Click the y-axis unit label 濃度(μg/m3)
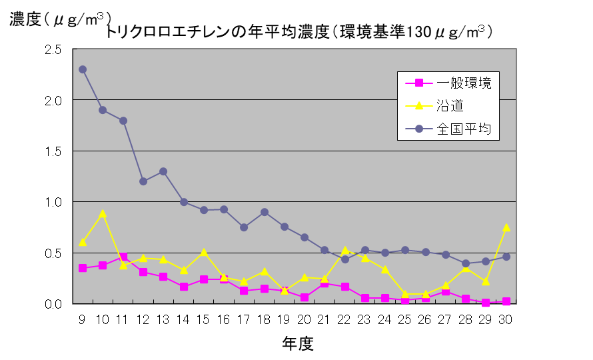point(61,19)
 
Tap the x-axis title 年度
point(297,343)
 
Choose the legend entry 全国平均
point(464,129)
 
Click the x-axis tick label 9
point(82,319)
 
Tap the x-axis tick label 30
point(506,319)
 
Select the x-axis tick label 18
point(265,319)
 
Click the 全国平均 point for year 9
point(83,69)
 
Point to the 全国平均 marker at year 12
point(143,181)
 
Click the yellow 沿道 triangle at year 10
point(103,213)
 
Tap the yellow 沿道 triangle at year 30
point(506,227)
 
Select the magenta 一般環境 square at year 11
point(123,257)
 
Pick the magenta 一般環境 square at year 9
point(83,268)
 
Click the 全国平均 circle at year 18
point(265,212)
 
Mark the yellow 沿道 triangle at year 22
point(345,250)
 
